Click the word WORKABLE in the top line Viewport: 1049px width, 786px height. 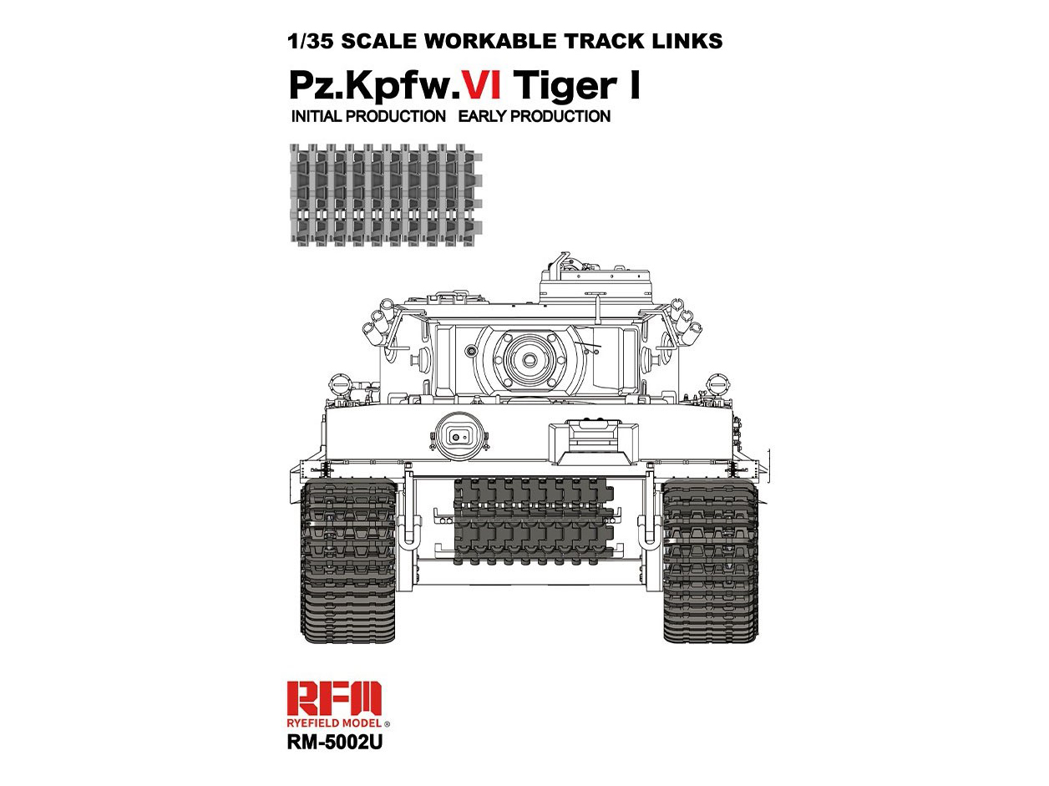pyautogui.click(x=489, y=41)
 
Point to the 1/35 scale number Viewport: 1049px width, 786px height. pyautogui.click(x=312, y=41)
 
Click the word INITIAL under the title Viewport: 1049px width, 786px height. pyautogui.click(x=320, y=116)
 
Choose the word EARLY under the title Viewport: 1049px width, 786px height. pyautogui.click(x=482, y=116)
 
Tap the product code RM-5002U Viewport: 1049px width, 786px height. pyautogui.click(x=335, y=743)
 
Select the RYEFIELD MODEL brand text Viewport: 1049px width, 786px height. pyautogui.click(x=335, y=723)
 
